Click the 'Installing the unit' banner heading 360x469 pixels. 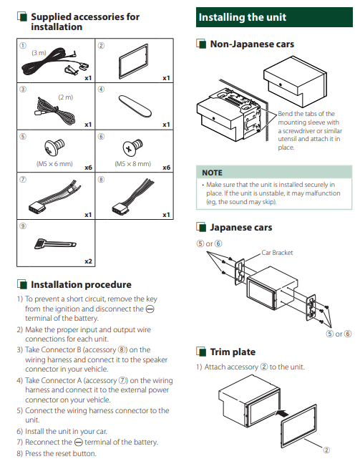pyautogui.click(x=243, y=17)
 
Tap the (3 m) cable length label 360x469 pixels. pyautogui.click(x=39, y=53)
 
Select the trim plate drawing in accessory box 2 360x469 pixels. pyautogui.click(x=134, y=62)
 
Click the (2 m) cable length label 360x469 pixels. pyautogui.click(x=65, y=97)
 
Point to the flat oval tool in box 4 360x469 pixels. pyautogui.click(x=135, y=106)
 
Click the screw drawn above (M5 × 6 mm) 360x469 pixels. pyautogui.click(x=54, y=148)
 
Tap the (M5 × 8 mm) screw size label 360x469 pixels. pyautogui.click(x=132, y=164)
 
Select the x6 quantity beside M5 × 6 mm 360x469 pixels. pyautogui.click(x=88, y=168)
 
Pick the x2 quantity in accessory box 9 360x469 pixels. pyautogui.click(x=88, y=261)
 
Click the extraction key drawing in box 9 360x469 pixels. pyautogui.click(x=55, y=243)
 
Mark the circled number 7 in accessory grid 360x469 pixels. pyautogui.click(x=23, y=180)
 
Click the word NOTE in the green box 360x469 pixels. pyautogui.click(x=212, y=173)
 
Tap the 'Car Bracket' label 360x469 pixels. pyautogui.click(x=277, y=253)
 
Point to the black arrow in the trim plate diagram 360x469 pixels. pyautogui.click(x=281, y=413)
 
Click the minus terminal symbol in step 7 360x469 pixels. pyautogui.click(x=78, y=443)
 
